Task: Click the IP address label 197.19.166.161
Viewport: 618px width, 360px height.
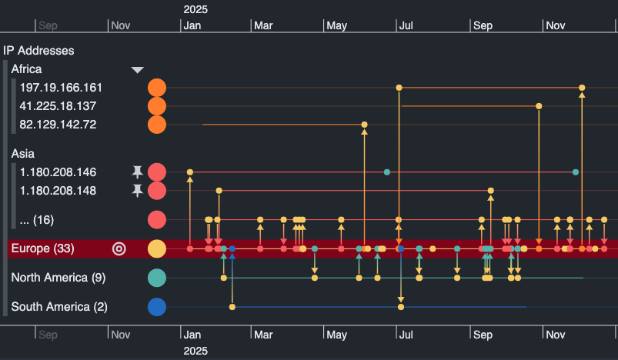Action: pyautogui.click(x=61, y=88)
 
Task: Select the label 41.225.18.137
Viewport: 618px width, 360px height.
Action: pyautogui.click(x=58, y=106)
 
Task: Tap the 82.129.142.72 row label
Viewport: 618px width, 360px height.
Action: pyautogui.click(x=58, y=124)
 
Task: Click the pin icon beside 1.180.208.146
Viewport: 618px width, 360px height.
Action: pyautogui.click(x=138, y=172)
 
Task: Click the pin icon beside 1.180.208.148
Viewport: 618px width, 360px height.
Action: pyautogui.click(x=138, y=190)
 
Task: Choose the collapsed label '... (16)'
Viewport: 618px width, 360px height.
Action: pyautogui.click(x=37, y=220)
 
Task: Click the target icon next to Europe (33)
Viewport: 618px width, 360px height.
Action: pyautogui.click(x=119, y=248)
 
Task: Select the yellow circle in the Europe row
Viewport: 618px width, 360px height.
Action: pyautogui.click(x=157, y=249)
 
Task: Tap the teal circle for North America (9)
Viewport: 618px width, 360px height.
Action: pyautogui.click(x=157, y=278)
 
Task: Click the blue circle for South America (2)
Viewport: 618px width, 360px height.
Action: pyautogui.click(x=157, y=307)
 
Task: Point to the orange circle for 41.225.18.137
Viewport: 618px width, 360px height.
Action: pyautogui.click(x=157, y=106)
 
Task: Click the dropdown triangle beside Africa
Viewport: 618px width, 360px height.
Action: pyautogui.click(x=138, y=70)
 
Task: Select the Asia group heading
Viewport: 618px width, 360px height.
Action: pyautogui.click(x=23, y=154)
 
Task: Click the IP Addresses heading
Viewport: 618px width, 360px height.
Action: pyautogui.click(x=38, y=51)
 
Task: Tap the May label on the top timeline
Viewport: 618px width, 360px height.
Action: pyautogui.click(x=336, y=25)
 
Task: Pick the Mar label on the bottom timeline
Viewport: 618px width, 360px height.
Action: pyautogui.click(x=263, y=335)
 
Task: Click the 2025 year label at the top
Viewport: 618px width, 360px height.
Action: pyautogui.click(x=195, y=9)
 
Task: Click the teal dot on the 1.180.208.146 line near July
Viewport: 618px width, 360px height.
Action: pyautogui.click(x=387, y=172)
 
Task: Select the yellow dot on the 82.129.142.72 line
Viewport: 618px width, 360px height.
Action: pyautogui.click(x=364, y=124)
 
